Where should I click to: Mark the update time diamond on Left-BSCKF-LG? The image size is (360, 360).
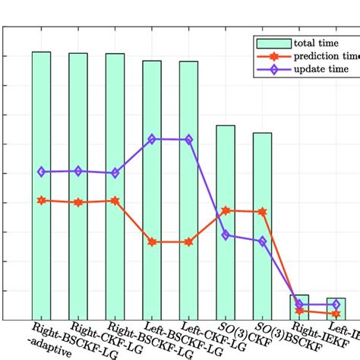pos(152,139)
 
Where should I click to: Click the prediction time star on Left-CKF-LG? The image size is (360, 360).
pos(188,242)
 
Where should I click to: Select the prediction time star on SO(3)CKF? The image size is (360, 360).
pos(226,210)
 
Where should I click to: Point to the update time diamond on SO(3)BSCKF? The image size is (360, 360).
pos(262,241)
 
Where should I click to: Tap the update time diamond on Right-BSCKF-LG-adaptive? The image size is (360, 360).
pos(41,172)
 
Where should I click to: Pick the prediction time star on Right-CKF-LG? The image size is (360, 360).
pos(78,202)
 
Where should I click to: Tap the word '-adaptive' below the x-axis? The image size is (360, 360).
pos(55,352)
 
